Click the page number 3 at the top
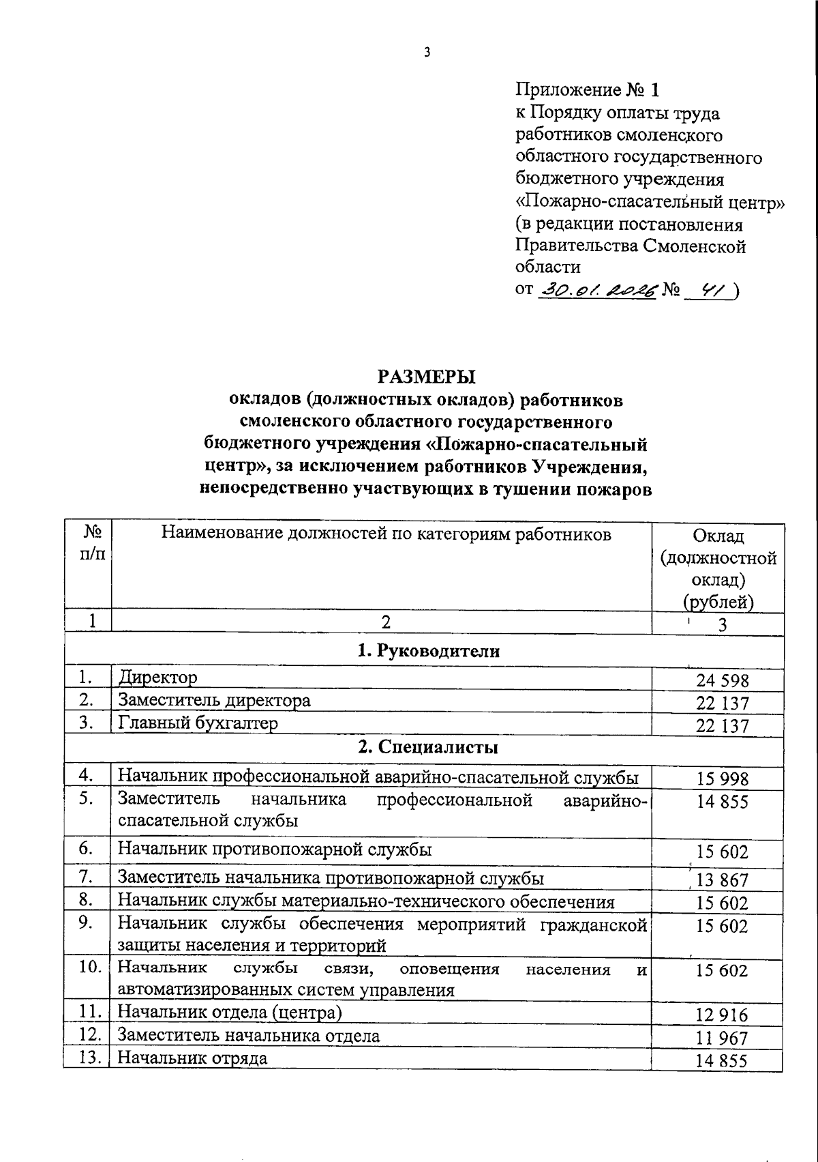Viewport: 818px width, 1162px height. (427, 53)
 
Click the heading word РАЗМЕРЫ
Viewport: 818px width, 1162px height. (427, 376)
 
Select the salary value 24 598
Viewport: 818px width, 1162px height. (722, 680)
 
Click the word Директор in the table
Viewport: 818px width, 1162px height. (158, 678)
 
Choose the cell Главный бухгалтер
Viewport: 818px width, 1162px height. (198, 723)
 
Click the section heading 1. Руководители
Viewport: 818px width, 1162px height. (429, 651)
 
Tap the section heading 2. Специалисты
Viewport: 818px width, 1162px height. (429, 747)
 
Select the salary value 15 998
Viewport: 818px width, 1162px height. (722, 779)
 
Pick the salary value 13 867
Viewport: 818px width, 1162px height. (722, 880)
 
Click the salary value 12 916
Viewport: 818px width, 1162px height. (722, 1015)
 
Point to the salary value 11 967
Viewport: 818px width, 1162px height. (722, 1038)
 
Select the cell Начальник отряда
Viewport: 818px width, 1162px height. (193, 1058)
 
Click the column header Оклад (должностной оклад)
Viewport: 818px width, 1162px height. (718, 568)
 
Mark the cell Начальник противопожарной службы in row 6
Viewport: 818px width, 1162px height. (275, 849)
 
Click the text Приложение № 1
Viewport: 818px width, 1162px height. (588, 90)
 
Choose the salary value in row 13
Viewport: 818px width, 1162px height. (722, 1061)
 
